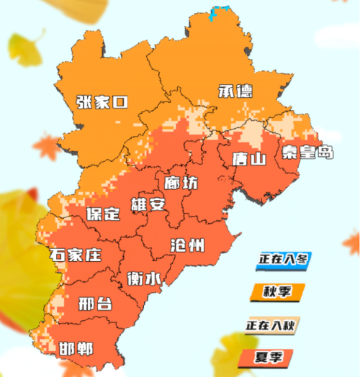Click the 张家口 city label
102,102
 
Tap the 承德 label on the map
234,91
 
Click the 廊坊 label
180,183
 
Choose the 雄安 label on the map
148,204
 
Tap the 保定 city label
102,214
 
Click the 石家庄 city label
75,254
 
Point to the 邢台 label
94,302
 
